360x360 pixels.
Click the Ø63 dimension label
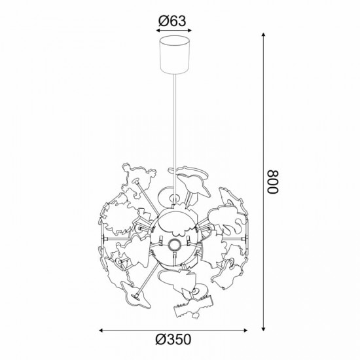(172, 21)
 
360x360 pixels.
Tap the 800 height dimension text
(273, 182)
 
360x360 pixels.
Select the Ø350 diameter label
(173, 339)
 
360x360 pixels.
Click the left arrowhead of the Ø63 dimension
(158, 30)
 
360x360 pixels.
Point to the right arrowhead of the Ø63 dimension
(190, 30)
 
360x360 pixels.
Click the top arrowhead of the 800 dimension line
(264, 35)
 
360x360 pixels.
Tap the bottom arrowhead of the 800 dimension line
(264, 329)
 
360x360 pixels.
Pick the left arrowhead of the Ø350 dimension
(101, 331)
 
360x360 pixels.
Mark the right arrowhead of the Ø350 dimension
(245, 331)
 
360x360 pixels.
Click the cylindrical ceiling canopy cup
(175, 54)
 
